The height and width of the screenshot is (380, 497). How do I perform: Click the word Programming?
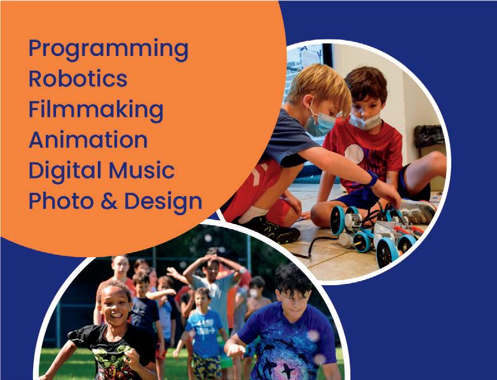109,50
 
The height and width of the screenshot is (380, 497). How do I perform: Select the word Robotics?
78,78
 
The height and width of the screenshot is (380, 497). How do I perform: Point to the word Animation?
88,139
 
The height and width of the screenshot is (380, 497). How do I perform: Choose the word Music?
142,170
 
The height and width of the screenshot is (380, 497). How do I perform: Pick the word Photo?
62,201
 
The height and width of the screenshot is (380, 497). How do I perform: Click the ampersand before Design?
109,201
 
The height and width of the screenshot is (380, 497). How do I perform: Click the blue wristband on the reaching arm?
372,178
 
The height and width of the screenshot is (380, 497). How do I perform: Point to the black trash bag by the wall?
429,136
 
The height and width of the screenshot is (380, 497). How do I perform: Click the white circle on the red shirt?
354,154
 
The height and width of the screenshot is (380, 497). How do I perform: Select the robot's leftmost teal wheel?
337,220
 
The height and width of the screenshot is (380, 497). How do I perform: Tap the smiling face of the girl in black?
114,309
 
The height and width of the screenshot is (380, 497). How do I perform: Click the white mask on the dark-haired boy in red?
365,122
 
